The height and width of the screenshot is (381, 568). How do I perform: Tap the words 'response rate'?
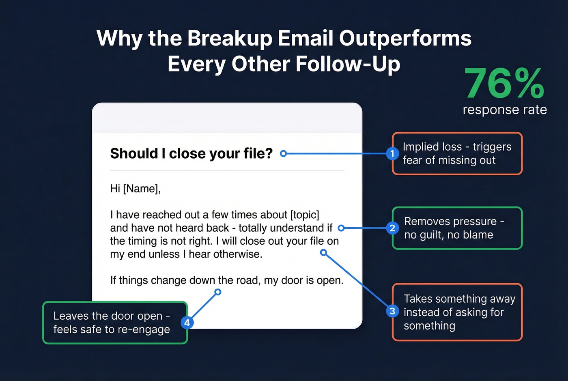[505, 110]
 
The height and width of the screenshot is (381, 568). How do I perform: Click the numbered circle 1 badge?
[392, 153]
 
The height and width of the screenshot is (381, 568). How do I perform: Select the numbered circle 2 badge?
[392, 228]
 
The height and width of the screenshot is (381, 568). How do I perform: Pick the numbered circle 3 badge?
[392, 311]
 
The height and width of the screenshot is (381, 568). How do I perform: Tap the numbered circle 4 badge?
[187, 323]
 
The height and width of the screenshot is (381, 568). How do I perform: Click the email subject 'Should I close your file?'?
[191, 153]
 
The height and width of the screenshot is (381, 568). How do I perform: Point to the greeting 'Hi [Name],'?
[136, 189]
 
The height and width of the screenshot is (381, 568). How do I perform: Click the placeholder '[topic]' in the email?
[305, 215]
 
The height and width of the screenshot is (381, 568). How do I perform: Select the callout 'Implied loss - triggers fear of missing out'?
[457, 153]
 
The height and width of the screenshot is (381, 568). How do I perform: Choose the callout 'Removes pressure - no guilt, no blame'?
[457, 228]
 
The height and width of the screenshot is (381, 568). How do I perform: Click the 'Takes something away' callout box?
[457, 312]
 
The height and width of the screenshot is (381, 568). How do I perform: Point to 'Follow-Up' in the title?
[348, 64]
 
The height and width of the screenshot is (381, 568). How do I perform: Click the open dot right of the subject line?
[284, 153]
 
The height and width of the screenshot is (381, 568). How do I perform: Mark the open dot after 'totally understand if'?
[341, 228]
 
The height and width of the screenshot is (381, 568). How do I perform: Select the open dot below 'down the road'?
[218, 292]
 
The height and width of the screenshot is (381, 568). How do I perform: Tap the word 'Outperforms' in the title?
[405, 39]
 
